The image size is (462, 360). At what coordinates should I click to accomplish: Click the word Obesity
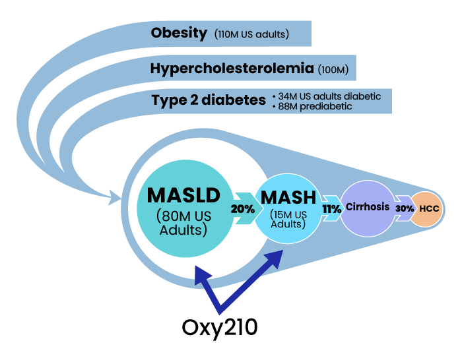[x=179, y=33]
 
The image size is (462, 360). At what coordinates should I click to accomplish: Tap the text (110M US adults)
[x=251, y=34]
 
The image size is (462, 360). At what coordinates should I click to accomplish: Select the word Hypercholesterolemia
[x=232, y=68]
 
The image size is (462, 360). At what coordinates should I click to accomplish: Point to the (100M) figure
[x=333, y=69]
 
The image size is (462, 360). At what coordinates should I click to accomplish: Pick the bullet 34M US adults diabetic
[x=326, y=96]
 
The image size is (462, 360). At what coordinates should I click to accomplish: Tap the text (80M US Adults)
[x=183, y=223]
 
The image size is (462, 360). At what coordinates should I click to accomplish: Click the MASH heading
[x=288, y=197]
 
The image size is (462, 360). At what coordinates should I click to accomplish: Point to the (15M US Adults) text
[x=288, y=219]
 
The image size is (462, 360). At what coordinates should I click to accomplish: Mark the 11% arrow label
[x=331, y=208]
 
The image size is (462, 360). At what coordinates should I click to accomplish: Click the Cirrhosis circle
[x=367, y=207]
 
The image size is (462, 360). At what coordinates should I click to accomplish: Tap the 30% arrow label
[x=405, y=208]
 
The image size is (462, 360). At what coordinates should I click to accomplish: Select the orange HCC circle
[x=428, y=208]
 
